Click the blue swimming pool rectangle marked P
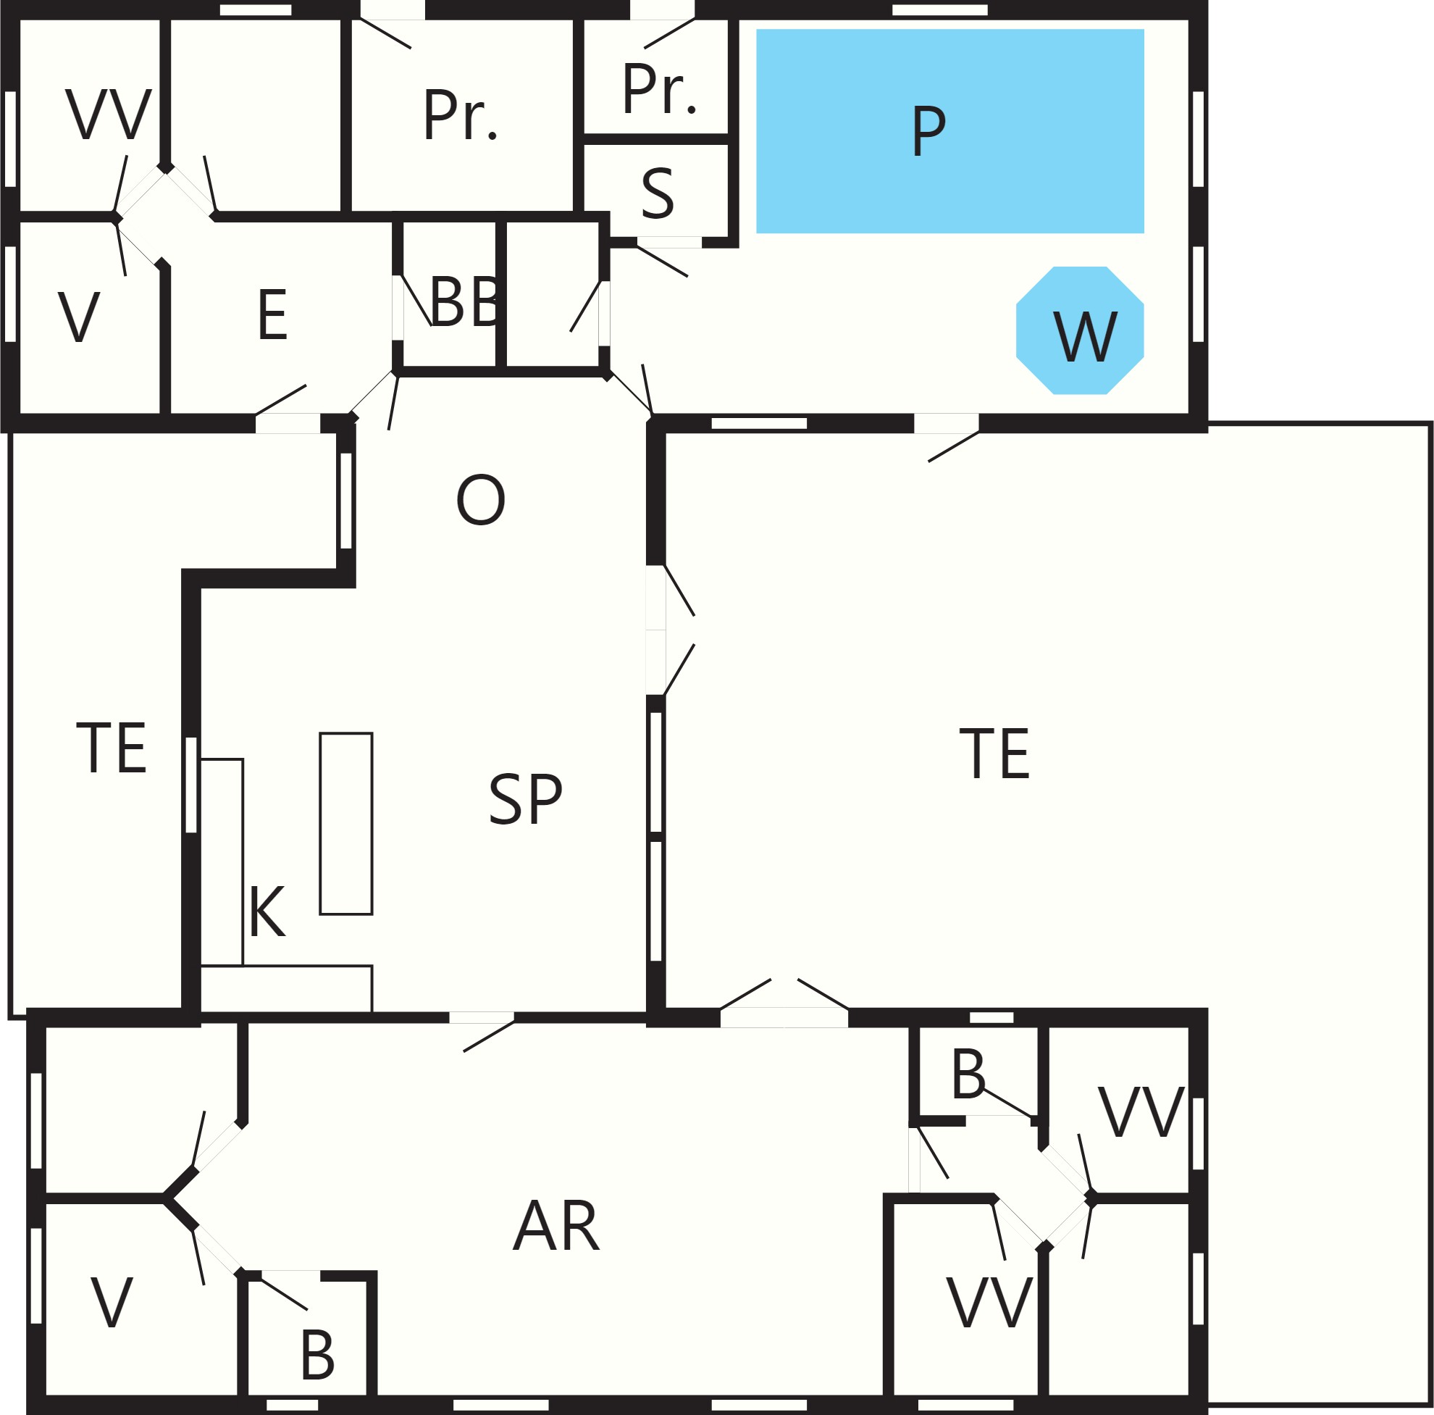point(949,131)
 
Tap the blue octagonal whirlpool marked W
point(1080,330)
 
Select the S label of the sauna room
point(658,193)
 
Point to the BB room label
point(465,301)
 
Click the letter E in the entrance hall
point(272,314)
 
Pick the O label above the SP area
point(481,500)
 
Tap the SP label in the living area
point(526,800)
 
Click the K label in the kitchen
point(267,911)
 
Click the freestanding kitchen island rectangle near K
point(346,823)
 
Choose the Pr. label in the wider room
point(460,114)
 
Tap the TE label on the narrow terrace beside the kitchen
point(112,748)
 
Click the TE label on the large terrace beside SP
point(994,754)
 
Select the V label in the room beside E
point(79,317)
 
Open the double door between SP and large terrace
point(668,630)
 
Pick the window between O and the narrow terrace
point(346,501)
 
